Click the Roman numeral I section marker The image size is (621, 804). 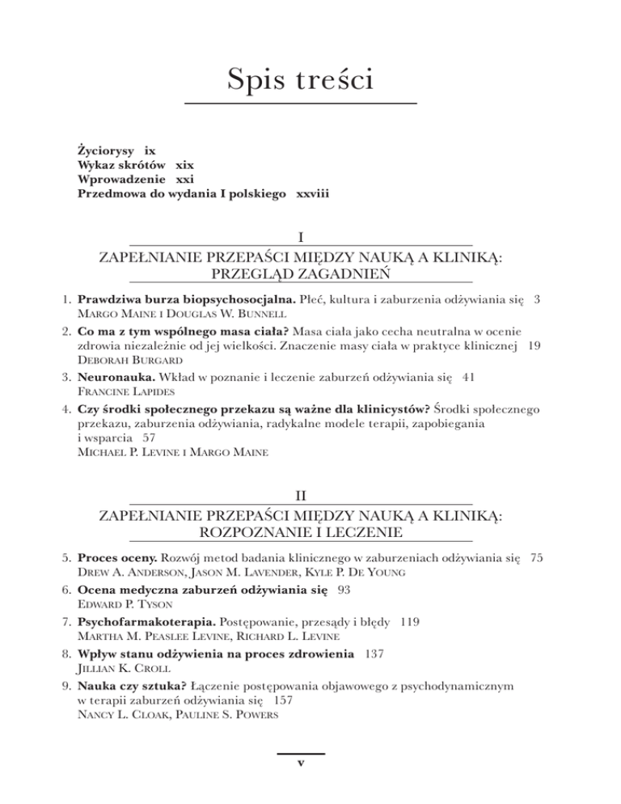point(301,239)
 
